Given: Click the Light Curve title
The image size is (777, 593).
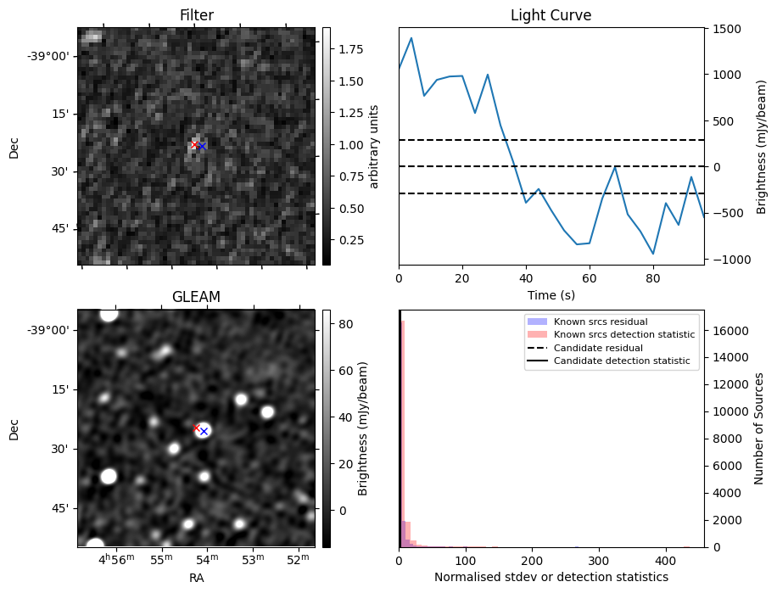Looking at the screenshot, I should click(x=551, y=15).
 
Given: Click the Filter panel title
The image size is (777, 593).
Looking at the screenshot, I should click(x=196, y=15).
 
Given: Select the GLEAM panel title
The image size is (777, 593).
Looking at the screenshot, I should click(x=196, y=297).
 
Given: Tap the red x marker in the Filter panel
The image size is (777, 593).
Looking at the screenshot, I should click(x=194, y=145).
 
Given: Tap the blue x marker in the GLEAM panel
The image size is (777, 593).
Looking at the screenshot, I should click(x=204, y=432).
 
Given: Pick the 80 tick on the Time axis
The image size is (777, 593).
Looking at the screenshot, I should click(x=653, y=277).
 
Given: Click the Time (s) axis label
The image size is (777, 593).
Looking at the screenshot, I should click(x=551, y=294).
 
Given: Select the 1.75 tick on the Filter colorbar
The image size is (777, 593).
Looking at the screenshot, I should click(x=347, y=50).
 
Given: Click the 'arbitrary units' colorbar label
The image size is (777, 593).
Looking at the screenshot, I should click(x=374, y=146).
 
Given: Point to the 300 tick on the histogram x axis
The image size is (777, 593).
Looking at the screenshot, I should click(x=599, y=561).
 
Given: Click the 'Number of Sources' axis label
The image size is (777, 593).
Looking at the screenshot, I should click(x=760, y=428).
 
